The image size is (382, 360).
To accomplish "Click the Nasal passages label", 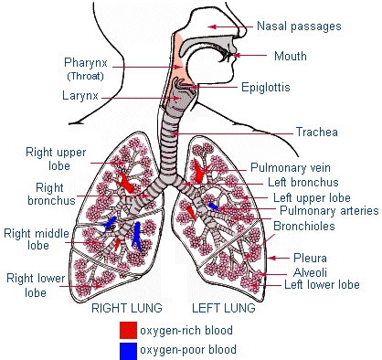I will [x=299, y=26].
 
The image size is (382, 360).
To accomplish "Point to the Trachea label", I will [x=317, y=132].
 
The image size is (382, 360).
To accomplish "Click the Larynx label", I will [x=80, y=94].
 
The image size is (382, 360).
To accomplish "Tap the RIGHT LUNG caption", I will [x=127, y=308].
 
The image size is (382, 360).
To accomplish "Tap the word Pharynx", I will [x=86, y=63].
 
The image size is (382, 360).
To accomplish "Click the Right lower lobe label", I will [x=33, y=285].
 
